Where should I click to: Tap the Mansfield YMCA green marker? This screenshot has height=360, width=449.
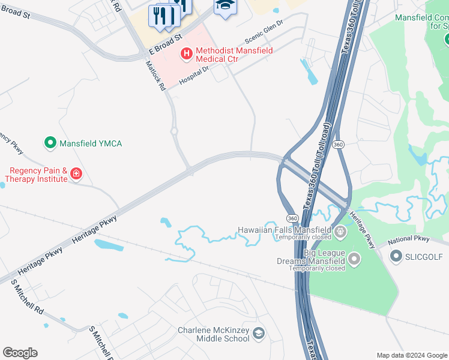click(51, 143)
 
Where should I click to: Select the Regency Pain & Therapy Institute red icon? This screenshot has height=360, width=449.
click(76, 175)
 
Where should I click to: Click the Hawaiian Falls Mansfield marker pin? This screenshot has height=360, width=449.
click(340, 231)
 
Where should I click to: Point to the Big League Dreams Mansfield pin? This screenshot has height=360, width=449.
click(354, 260)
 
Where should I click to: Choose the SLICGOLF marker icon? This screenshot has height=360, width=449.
click(396, 257)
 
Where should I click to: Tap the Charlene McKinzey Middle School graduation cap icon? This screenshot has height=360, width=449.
click(259, 334)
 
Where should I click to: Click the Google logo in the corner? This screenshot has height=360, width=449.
click(20, 353)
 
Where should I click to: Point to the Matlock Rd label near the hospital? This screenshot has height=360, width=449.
click(155, 75)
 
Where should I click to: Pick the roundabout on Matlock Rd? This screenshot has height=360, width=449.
click(174, 131)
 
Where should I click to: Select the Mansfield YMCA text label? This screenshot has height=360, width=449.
click(91, 143)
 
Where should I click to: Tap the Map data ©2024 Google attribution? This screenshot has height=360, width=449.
click(412, 355)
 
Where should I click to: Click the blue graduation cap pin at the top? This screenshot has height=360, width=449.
click(226, 6)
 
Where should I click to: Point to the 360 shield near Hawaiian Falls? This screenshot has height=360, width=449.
click(292, 218)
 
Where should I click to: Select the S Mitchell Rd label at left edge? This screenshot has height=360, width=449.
click(28, 298)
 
